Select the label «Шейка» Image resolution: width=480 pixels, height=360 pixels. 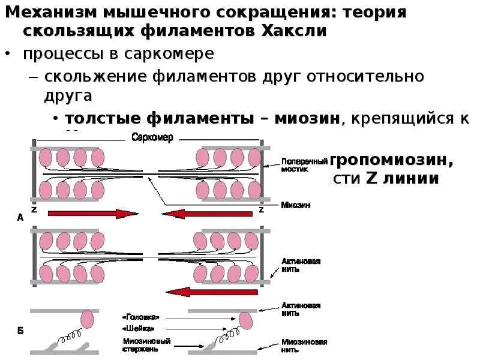click(x=136, y=328)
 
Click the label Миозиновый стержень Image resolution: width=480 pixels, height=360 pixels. click(x=135, y=344)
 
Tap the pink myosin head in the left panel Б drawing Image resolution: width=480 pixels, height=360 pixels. click(x=86, y=319)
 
